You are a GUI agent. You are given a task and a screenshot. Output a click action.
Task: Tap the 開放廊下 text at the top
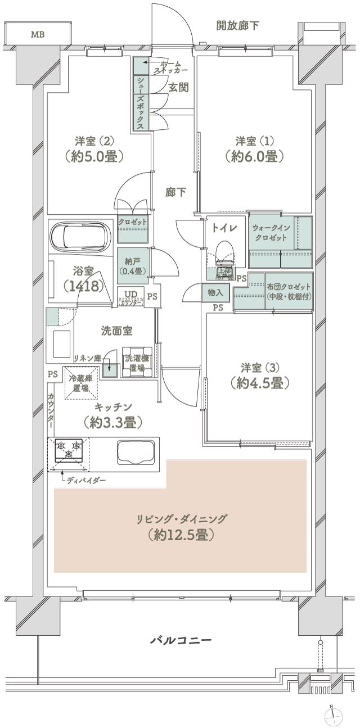pyautogui.click(x=238, y=25)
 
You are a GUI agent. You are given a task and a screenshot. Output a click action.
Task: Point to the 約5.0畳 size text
pyautogui.click(x=94, y=156)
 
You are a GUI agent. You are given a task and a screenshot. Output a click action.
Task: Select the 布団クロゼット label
pyautogui.click(x=289, y=291)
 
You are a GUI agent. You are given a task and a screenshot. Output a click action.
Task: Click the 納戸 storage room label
pyautogui.click(x=133, y=264)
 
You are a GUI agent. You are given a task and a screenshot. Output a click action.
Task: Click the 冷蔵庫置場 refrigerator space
pyautogui.click(x=79, y=383)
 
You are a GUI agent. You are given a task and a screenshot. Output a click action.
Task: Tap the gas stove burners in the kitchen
pyautogui.click(x=69, y=450)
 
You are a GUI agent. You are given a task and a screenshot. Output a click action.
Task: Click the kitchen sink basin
pyautogui.click(x=136, y=453)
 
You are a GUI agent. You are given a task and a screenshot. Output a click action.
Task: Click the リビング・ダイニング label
pyautogui.click(x=181, y=519)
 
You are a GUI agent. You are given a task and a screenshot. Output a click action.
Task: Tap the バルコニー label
pyautogui.click(x=181, y=640)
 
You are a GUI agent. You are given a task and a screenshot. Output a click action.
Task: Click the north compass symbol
pyautogui.click(x=333, y=715)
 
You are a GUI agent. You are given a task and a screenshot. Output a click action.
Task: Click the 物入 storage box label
pyautogui.click(x=215, y=293)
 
